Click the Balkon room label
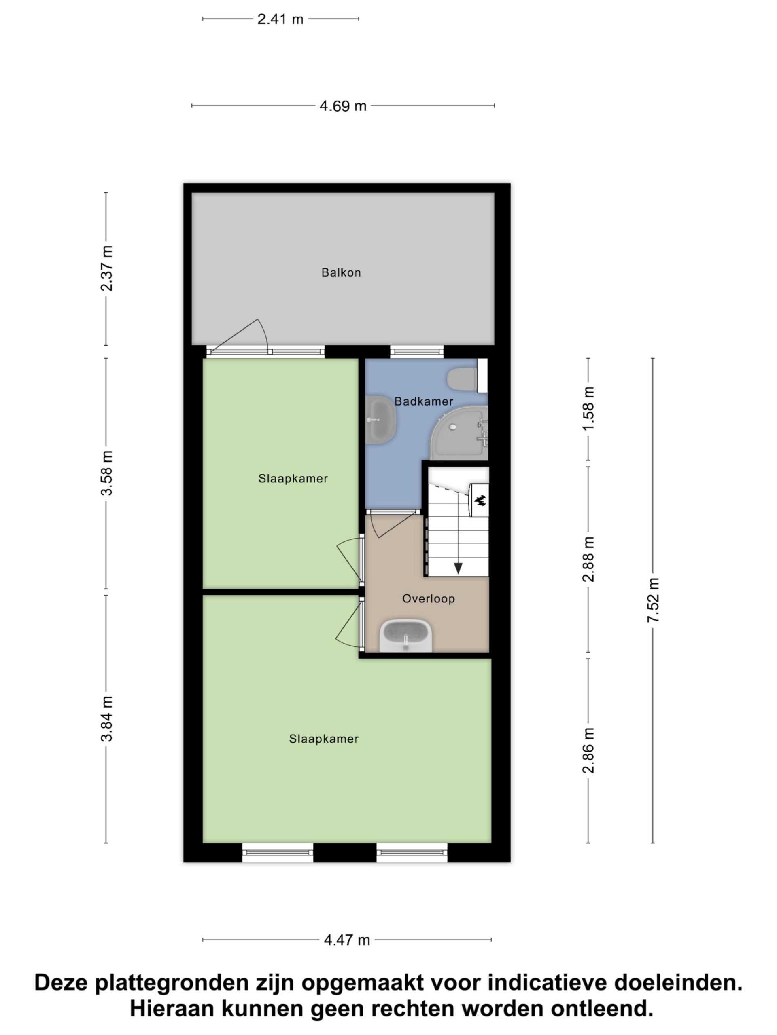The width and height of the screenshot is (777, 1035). [341, 272]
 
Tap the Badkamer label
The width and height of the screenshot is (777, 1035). [423, 401]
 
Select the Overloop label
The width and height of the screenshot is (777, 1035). [429, 598]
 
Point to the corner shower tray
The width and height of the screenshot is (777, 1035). [459, 433]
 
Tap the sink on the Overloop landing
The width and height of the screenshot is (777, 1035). [405, 636]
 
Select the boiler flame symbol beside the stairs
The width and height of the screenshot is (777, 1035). [480, 500]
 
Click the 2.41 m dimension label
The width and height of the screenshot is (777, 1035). [280, 19]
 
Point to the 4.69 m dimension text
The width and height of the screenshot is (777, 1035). [343, 106]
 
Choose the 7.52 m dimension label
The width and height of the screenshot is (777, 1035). [653, 600]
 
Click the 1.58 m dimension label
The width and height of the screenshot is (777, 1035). [588, 408]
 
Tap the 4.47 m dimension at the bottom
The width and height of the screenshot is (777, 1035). [347, 940]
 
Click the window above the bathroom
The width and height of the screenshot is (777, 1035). [417, 351]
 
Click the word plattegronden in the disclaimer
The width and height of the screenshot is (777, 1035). [172, 983]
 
